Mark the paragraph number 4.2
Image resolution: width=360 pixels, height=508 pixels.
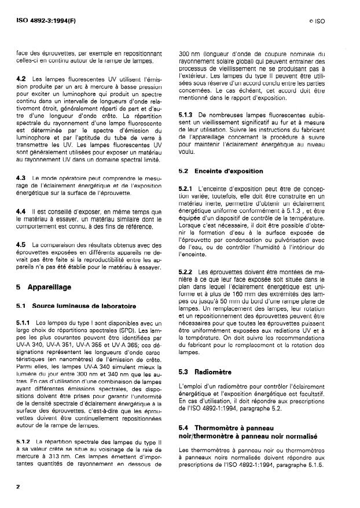[21, 78]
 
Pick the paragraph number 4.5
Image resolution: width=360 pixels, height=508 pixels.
[21, 245]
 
